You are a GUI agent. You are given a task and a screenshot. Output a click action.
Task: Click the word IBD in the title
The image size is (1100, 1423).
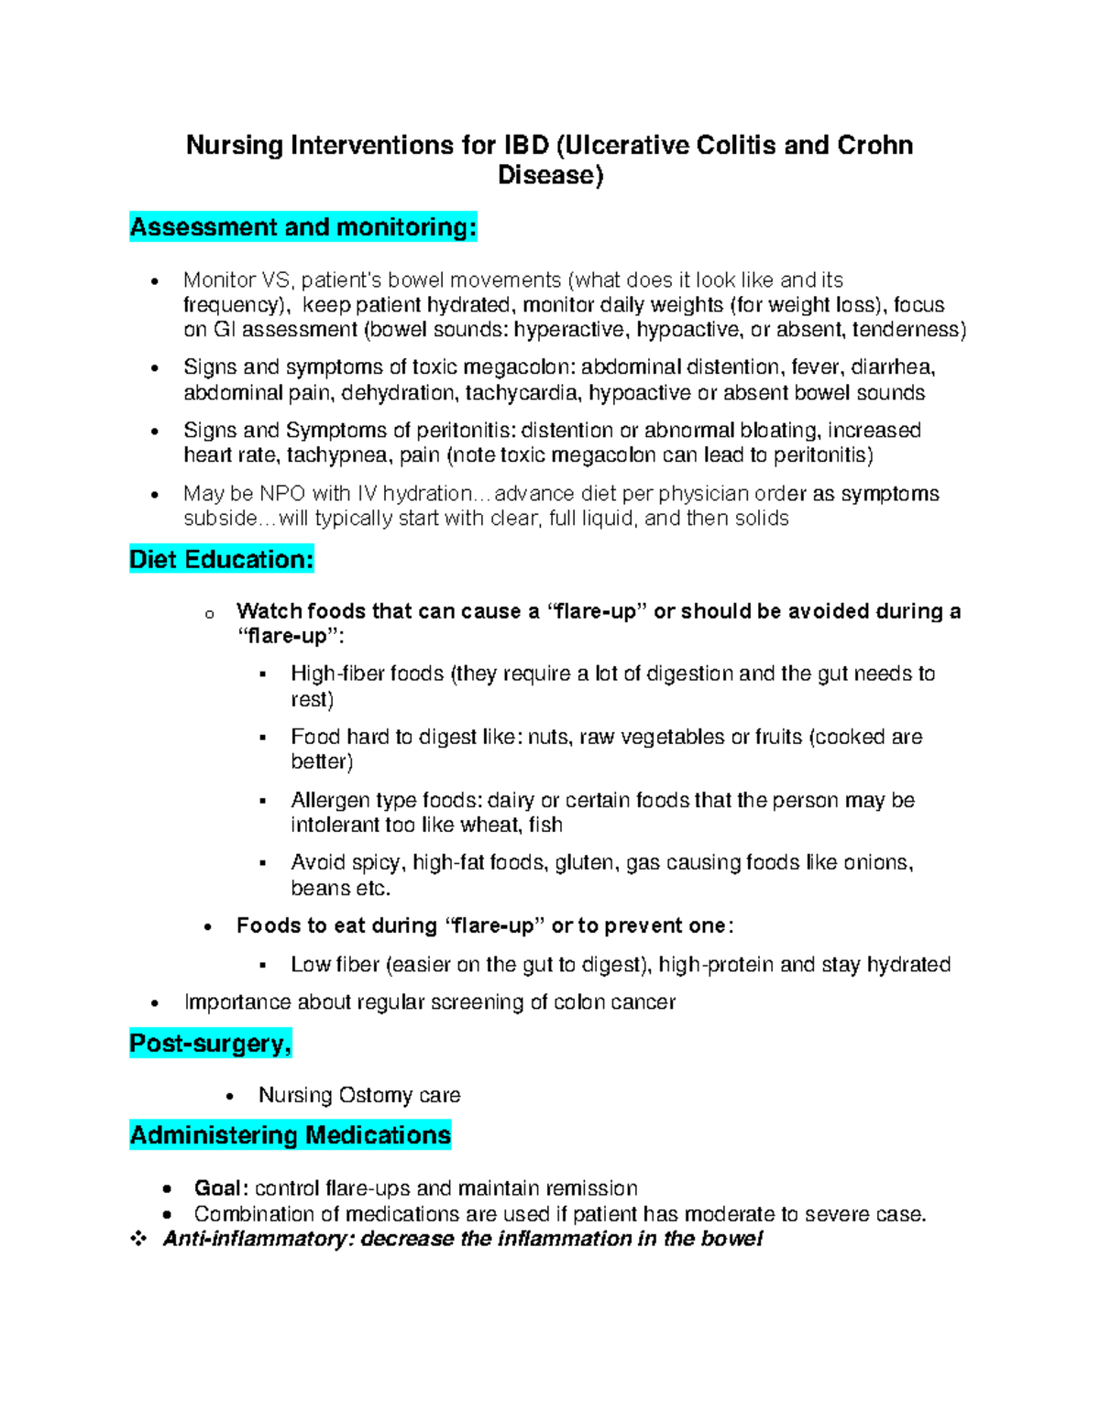pyautogui.click(x=524, y=146)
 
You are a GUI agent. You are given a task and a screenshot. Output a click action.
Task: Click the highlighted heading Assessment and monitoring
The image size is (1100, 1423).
pyautogui.click(x=303, y=227)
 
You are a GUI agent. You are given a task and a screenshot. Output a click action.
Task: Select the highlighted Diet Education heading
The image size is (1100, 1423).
pyautogui.click(x=222, y=560)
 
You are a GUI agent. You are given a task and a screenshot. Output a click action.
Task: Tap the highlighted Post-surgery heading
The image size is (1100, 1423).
pyautogui.click(x=211, y=1044)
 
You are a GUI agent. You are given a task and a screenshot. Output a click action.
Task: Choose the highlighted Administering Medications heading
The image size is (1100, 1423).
pyautogui.click(x=291, y=1135)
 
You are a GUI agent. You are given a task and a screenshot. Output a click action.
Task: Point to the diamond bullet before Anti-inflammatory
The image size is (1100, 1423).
pyautogui.click(x=138, y=1239)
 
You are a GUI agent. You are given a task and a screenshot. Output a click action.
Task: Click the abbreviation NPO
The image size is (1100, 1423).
pyautogui.click(x=283, y=494)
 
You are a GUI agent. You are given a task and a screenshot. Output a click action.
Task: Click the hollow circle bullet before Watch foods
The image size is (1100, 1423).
pyautogui.click(x=210, y=614)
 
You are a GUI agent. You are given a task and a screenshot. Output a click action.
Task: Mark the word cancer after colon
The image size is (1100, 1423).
pyautogui.click(x=643, y=1002)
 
